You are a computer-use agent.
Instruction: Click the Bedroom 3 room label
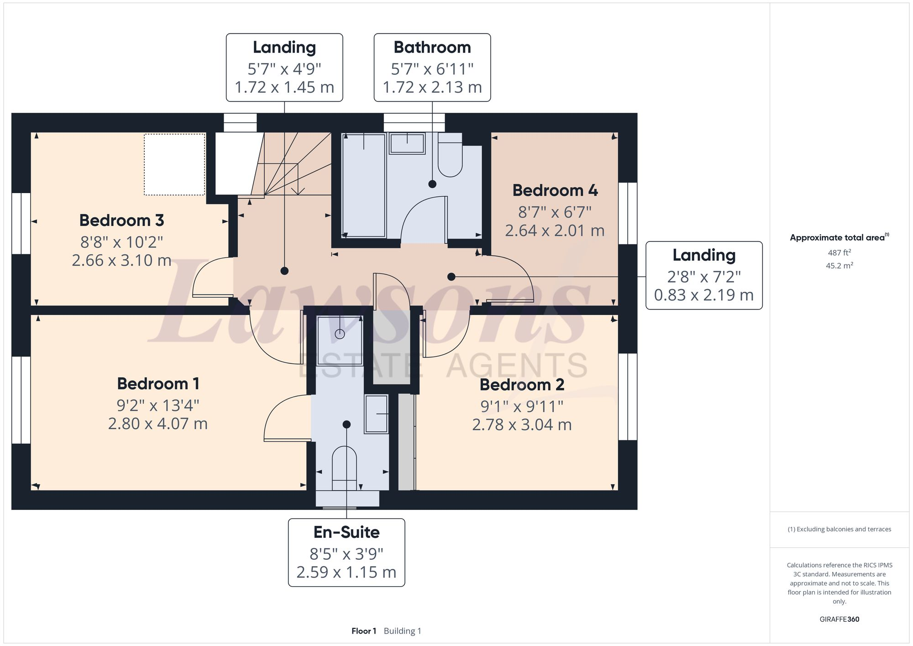(x=121, y=221)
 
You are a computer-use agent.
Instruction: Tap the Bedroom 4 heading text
(x=555, y=190)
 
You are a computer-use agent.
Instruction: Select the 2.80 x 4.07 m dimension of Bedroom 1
(x=157, y=424)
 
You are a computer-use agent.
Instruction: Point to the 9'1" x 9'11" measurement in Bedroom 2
(x=521, y=406)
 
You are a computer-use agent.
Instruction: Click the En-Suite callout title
(x=346, y=532)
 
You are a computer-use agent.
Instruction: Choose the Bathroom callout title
(x=432, y=47)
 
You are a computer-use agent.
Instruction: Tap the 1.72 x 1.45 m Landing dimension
(x=284, y=87)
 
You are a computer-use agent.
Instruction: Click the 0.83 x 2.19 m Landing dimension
(x=703, y=295)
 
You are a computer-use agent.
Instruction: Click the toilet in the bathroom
(x=450, y=158)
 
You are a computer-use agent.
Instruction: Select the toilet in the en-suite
(x=344, y=466)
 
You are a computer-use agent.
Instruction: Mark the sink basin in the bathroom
(x=407, y=143)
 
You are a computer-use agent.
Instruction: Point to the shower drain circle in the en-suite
(x=340, y=334)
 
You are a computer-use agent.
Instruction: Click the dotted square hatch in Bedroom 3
(x=174, y=164)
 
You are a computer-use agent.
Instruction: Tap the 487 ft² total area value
(x=839, y=252)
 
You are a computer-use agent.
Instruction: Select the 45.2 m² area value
(x=839, y=266)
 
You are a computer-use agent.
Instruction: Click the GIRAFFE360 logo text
(x=839, y=620)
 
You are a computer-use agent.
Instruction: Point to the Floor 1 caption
(x=364, y=631)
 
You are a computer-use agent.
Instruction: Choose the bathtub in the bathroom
(x=364, y=185)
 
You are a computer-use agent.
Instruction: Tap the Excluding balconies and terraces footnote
(x=839, y=530)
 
